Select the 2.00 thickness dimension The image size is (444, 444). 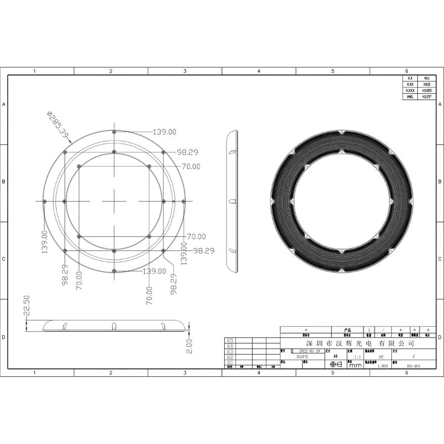click(189, 343)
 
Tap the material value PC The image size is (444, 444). click(381, 358)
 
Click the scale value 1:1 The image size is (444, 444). click(358, 358)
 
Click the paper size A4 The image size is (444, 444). click(334, 358)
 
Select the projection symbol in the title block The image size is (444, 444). click(335, 365)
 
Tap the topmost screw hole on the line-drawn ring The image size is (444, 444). click(114, 132)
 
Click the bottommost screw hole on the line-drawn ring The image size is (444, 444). click(114, 271)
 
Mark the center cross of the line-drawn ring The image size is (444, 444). click(114, 201)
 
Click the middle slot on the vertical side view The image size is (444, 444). click(233, 201)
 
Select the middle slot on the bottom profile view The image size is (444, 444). click(114, 325)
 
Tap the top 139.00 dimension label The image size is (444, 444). click(165, 132)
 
